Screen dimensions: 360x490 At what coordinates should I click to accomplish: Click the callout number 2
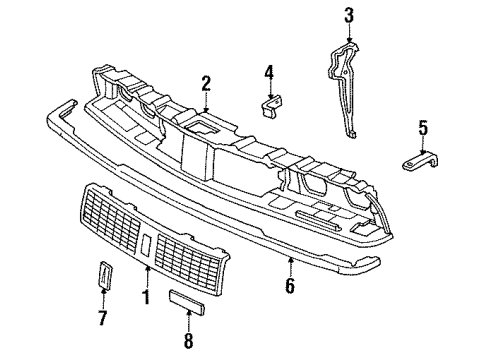pos(206,84)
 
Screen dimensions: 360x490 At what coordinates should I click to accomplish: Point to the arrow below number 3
pos(349,34)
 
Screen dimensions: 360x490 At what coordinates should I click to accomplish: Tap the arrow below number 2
pos(206,103)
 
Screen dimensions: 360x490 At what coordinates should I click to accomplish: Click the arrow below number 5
pos(422,147)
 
